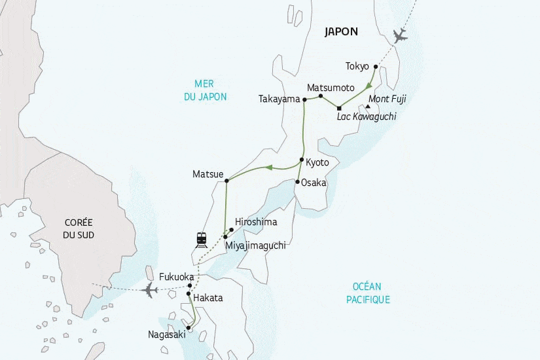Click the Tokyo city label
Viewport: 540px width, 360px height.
[x=357, y=66]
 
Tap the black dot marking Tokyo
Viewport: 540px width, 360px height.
[x=375, y=67]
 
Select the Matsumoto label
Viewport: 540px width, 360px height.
[x=331, y=88]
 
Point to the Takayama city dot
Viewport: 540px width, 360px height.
[x=304, y=99]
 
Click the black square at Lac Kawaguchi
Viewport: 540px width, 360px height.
[x=339, y=108]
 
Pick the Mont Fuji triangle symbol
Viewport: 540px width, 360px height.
[x=368, y=107]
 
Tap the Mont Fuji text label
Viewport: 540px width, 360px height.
[x=387, y=99]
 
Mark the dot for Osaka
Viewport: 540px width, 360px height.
[x=297, y=181]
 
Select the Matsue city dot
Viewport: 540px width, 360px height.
[x=226, y=180]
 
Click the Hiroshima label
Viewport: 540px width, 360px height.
[x=256, y=222]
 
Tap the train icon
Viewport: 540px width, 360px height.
[x=202, y=240]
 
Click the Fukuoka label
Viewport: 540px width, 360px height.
[x=168, y=277]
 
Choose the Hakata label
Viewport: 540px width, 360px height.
[x=208, y=298]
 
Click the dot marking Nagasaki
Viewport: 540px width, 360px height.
[x=188, y=327]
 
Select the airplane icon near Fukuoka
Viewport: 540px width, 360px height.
[x=150, y=289]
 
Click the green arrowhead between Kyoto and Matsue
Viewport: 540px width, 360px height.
[x=267, y=168]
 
